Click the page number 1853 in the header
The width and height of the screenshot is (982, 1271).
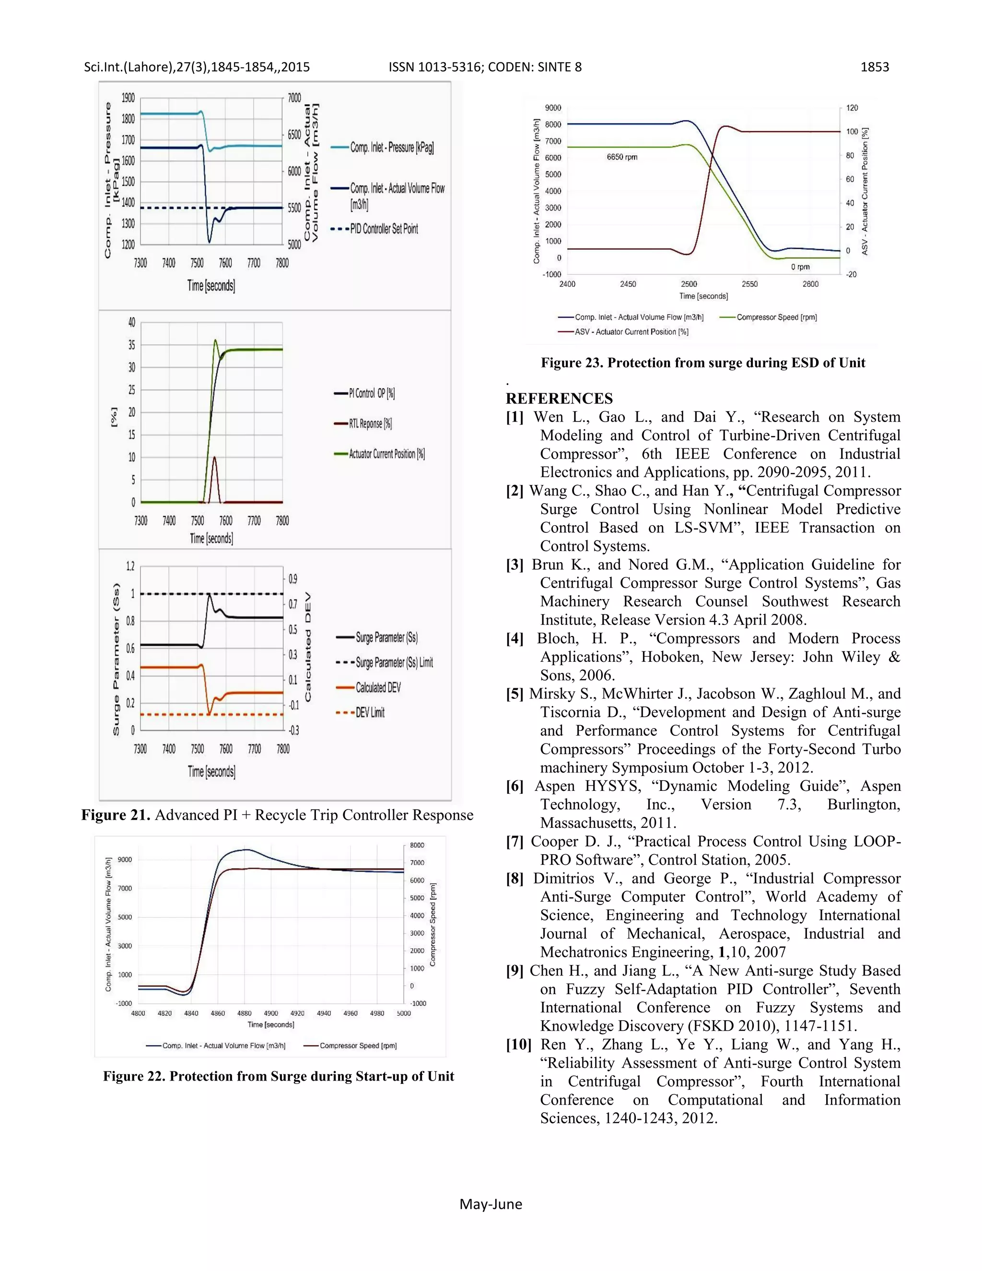(875, 67)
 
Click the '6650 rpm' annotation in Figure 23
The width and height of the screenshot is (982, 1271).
(622, 157)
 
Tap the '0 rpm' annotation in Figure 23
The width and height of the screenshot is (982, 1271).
(800, 267)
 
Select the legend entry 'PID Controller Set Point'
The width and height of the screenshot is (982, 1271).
(384, 229)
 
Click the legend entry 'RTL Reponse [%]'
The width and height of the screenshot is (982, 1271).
(370, 424)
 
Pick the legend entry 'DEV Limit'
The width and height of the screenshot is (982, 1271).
(370, 713)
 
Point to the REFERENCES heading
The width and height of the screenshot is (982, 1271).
(559, 399)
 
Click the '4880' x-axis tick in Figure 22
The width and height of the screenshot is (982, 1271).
(245, 1013)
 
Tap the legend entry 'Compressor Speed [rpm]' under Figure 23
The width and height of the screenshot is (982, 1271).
(776, 318)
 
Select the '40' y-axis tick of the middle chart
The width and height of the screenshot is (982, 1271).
(131, 322)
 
